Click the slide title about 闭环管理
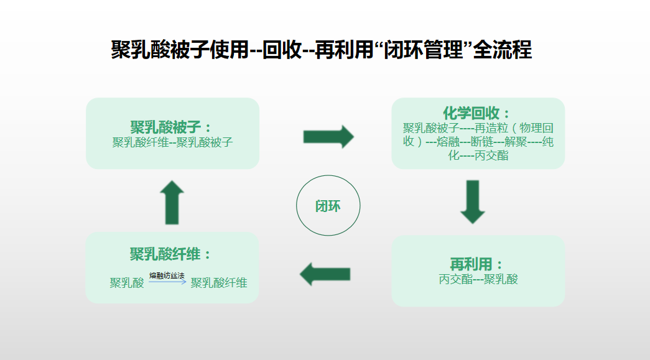point(322,50)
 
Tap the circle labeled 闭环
point(328,206)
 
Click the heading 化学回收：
point(477,114)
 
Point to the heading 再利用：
point(477,264)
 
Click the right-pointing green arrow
point(328,136)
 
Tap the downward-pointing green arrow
point(473,201)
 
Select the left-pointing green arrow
point(325,274)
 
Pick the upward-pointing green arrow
point(172,203)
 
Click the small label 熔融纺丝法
point(167,275)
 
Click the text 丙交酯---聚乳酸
point(478,279)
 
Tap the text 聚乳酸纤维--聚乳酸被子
point(172,142)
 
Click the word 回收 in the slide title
point(282,50)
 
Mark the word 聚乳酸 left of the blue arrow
point(127,283)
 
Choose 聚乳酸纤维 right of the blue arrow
point(219,283)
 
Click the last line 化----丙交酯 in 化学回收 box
point(478,155)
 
